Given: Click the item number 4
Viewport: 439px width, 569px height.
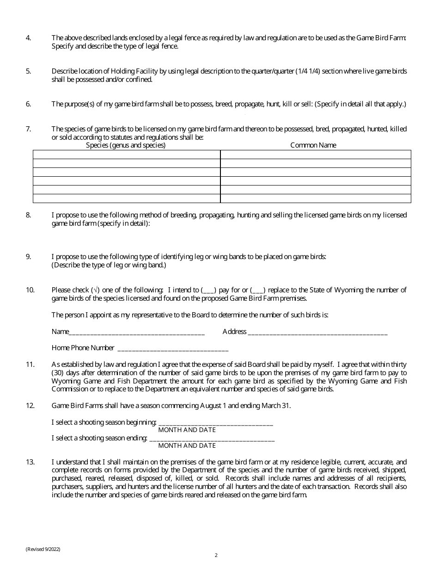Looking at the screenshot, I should point(28,37).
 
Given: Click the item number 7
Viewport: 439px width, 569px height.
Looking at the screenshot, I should point(28,129).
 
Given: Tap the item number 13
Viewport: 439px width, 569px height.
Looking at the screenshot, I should point(30,462).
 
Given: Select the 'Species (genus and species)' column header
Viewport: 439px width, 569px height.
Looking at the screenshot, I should point(126,145).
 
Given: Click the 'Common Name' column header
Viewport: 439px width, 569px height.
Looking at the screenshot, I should point(313,145).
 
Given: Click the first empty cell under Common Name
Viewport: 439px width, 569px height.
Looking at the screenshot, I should point(316,155).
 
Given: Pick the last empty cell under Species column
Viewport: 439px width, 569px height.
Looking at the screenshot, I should point(127,198).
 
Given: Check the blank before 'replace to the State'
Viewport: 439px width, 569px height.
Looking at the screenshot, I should point(257,291).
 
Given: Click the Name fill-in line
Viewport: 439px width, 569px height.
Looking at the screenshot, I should point(137,332).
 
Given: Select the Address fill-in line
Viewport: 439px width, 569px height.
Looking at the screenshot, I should point(317,332).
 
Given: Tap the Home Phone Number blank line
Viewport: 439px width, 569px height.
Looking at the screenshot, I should point(173,348).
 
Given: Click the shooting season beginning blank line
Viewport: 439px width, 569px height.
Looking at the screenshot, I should point(215,423).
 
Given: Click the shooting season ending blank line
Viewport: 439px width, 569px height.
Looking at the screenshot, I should point(211,439).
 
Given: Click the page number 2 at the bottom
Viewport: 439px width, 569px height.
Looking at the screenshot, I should point(216,555).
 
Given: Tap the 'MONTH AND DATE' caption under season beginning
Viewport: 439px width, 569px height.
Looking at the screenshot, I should point(187,430).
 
